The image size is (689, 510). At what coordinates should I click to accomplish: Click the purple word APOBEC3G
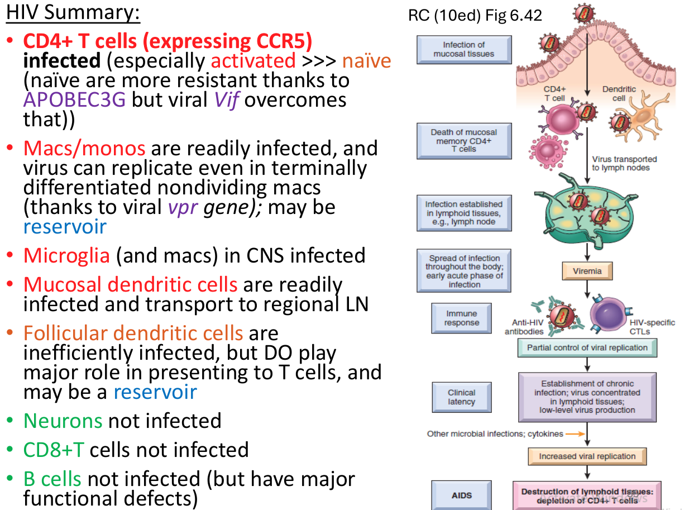point(74,100)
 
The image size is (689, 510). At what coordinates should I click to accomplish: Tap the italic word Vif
point(227,100)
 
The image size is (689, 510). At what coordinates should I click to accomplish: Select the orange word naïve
point(366,60)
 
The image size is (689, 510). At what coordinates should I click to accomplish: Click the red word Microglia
point(66,255)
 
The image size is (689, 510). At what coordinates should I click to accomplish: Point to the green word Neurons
point(63,421)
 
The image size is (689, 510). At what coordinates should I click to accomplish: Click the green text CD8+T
point(54,450)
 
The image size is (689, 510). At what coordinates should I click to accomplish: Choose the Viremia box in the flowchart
point(587,271)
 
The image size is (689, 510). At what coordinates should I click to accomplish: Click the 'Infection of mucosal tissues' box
point(464,49)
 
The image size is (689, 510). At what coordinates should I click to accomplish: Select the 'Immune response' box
point(461,318)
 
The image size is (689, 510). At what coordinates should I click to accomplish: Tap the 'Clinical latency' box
point(461,397)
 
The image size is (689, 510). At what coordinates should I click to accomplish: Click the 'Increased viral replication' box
point(587,456)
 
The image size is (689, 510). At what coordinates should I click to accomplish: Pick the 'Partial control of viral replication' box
point(587,347)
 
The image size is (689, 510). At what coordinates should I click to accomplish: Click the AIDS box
point(461,495)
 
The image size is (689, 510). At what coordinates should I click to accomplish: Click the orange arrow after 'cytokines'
point(575,434)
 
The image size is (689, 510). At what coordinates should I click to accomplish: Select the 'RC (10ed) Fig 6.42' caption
point(475,15)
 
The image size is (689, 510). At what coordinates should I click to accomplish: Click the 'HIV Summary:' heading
point(73,12)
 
